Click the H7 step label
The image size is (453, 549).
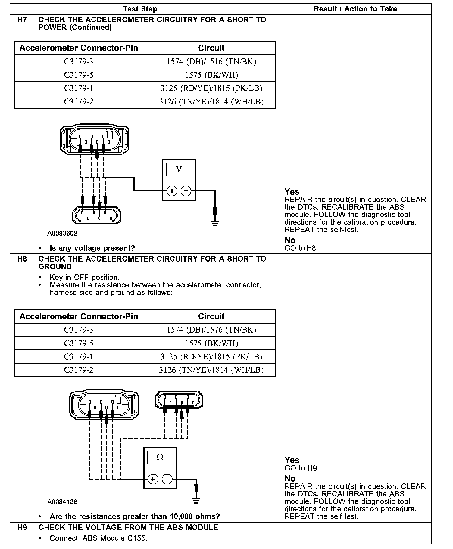pyautogui.click(x=22, y=20)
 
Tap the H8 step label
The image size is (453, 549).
pyautogui.click(x=22, y=259)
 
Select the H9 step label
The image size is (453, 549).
pyautogui.click(x=22, y=527)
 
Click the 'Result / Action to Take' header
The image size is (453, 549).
pyautogui.click(x=355, y=9)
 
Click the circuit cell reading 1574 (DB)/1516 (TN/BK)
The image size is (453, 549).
pyautogui.click(x=211, y=62)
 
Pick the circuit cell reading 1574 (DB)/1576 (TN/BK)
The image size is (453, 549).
pyautogui.click(x=211, y=330)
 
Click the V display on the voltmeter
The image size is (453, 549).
pyautogui.click(x=179, y=169)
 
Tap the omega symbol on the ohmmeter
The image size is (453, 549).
pyautogui.click(x=160, y=457)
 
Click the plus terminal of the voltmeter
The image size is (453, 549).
pyautogui.click(x=172, y=191)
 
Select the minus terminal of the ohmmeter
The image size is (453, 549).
pyautogui.click(x=167, y=479)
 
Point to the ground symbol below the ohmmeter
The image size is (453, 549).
pyautogui.click(x=196, y=501)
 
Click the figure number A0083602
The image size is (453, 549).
pyautogui.click(x=62, y=233)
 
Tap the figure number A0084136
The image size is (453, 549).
pyautogui.click(x=62, y=502)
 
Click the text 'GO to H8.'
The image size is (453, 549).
pyautogui.click(x=301, y=248)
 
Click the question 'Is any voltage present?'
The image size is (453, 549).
pyautogui.click(x=92, y=248)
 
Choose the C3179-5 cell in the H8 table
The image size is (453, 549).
pyautogui.click(x=79, y=343)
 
